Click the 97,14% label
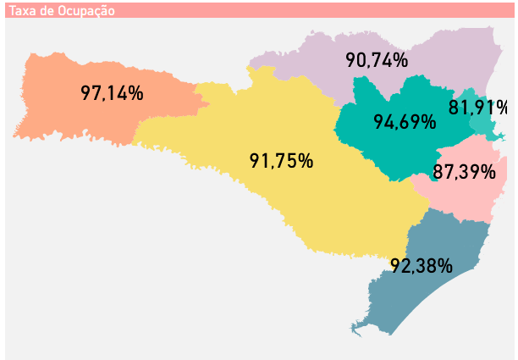tap(112, 93)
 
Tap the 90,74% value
tap(377, 60)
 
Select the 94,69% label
tap(405, 121)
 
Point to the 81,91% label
tap(478, 108)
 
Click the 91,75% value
tap(282, 161)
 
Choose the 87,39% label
tap(464, 172)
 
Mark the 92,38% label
tap(422, 265)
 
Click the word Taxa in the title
tap(21, 11)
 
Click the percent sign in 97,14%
tap(135, 93)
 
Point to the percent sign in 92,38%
tap(444, 265)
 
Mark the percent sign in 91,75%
tap(306, 161)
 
